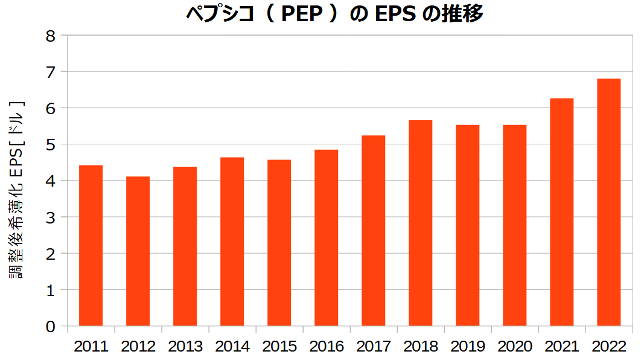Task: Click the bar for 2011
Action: (x=91, y=245)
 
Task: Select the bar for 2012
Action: (x=138, y=251)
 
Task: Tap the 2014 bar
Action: (x=232, y=242)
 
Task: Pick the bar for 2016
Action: (x=326, y=237)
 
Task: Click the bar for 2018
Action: (x=420, y=223)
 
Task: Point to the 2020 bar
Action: (x=514, y=225)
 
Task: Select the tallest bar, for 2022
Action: (x=608, y=202)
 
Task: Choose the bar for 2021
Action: (x=561, y=212)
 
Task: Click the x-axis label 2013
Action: (x=185, y=347)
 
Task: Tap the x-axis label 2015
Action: (x=279, y=347)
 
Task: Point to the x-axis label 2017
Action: (x=374, y=347)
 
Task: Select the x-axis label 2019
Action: (x=468, y=347)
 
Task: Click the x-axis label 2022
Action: (x=609, y=347)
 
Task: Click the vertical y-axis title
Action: (x=17, y=189)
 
